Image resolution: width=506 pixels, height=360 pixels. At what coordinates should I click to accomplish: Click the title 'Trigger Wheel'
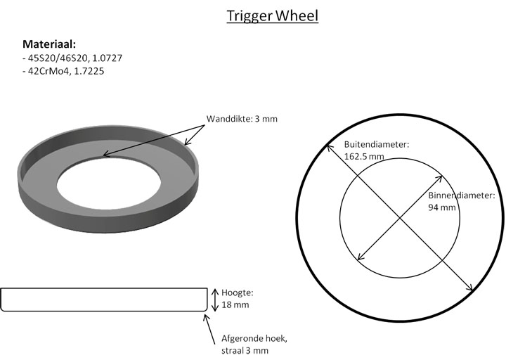pyautogui.click(x=272, y=15)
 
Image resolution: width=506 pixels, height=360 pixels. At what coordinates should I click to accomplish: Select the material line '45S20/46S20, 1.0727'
pyautogui.click(x=67, y=58)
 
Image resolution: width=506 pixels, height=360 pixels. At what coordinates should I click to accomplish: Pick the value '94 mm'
pyautogui.click(x=442, y=207)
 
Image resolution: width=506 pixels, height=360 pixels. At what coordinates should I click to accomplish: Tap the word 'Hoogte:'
pyautogui.click(x=237, y=293)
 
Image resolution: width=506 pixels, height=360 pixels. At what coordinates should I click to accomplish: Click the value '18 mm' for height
pyautogui.click(x=235, y=305)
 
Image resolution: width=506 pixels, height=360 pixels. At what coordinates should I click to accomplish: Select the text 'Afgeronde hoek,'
pyautogui.click(x=253, y=337)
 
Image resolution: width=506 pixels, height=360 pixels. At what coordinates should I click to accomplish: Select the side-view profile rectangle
pyautogui.click(x=101, y=300)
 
